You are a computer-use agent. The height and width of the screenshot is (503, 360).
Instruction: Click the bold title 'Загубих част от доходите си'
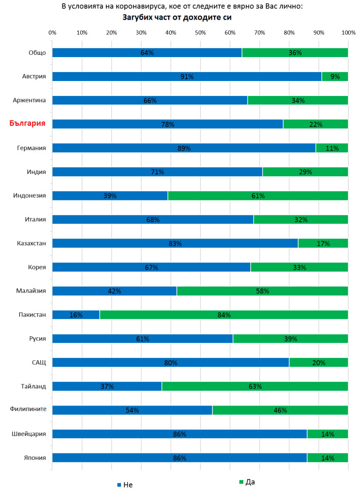point(178,18)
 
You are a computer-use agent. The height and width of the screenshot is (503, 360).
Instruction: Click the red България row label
point(28,124)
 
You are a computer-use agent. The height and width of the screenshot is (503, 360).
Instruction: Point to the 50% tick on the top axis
point(200,33)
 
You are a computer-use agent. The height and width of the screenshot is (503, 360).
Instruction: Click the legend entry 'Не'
point(125,485)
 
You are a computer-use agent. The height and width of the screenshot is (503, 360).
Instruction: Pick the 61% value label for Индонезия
point(258,196)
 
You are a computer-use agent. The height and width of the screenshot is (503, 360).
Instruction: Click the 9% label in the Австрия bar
point(335,76)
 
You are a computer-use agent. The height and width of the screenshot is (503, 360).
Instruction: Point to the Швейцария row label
point(30,434)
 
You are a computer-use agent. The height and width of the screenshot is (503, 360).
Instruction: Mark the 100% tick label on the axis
point(348,33)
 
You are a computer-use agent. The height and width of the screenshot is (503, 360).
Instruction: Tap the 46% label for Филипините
point(280,410)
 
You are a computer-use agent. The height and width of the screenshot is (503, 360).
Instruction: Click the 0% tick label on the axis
point(52,33)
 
